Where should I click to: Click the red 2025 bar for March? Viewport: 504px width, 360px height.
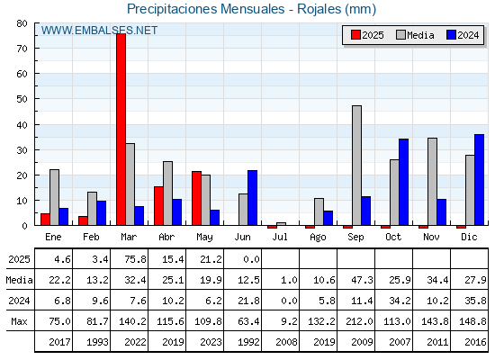pos(121,130)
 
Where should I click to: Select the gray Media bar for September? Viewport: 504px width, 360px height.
pos(356,166)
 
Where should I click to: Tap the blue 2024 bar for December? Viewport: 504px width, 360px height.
pos(479,180)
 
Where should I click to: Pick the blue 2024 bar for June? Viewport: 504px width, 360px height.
pos(252,198)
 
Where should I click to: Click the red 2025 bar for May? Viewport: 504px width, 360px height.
pos(197,198)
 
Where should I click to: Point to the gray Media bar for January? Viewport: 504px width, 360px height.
pos(54,197)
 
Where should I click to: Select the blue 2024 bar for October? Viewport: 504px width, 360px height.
pos(404,182)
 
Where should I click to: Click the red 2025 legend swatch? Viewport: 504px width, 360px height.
pos(355,35)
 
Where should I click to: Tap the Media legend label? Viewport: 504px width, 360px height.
pos(420,35)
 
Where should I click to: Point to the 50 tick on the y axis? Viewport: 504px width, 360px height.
pos(36,99)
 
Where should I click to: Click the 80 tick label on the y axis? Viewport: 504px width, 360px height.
pos(22,23)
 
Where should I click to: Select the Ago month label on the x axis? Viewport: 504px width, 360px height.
pos(318,238)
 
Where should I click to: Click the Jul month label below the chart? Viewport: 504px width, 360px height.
pos(280,237)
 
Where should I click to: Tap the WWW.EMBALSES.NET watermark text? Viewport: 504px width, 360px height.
pos(99,31)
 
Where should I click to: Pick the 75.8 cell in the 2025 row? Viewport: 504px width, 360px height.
pos(135,259)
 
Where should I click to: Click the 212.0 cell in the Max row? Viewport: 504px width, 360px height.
pos(359,321)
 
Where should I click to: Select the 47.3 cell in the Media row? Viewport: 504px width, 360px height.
pos(362,280)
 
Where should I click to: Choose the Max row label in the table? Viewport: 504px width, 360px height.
pos(19,321)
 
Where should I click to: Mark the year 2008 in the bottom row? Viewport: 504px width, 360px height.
pos(286,342)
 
